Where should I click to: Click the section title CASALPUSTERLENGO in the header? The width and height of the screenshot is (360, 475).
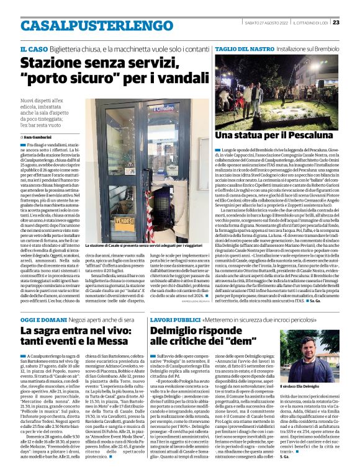[88, 25]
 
